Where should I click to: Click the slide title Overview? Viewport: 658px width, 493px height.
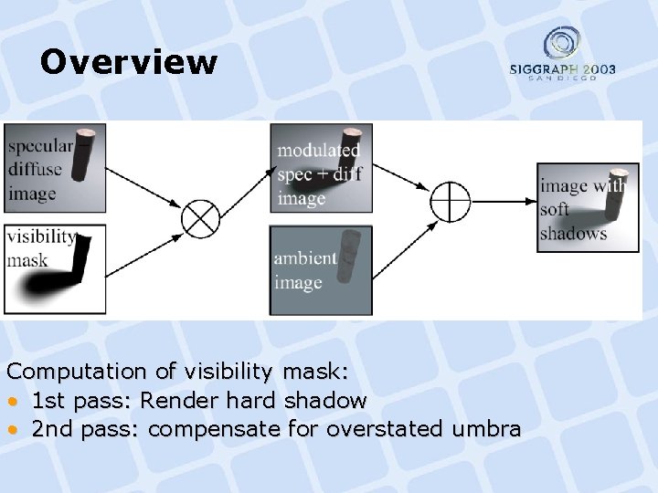(x=129, y=62)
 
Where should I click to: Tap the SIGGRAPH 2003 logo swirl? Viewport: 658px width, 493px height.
(x=562, y=44)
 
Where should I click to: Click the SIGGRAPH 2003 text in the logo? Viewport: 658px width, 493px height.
(x=562, y=69)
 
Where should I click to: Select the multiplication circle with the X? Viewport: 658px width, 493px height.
(x=200, y=218)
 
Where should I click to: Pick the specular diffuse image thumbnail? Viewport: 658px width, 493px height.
(x=56, y=167)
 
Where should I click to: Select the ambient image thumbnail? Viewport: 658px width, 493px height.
(x=321, y=271)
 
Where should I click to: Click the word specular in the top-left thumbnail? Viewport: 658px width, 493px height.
(x=39, y=146)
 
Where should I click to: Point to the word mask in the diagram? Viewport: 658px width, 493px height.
(x=27, y=260)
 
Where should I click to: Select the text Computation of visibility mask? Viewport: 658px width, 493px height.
(x=178, y=372)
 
